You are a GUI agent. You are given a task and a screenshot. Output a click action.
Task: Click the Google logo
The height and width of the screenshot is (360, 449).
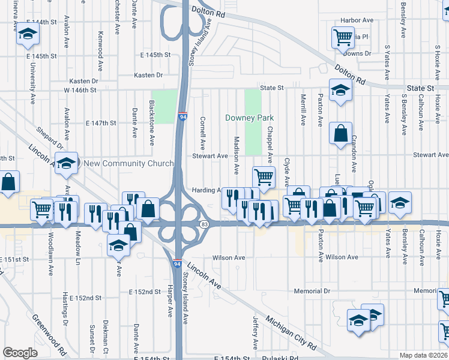20,353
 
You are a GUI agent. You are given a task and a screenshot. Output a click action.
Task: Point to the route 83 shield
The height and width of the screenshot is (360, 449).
205,224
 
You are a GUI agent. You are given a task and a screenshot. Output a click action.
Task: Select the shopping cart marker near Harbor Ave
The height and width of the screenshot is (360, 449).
343,38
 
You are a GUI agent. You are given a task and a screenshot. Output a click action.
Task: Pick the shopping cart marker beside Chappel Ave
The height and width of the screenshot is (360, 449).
264,177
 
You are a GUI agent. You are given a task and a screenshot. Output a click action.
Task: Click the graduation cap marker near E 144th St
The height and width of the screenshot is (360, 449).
26,35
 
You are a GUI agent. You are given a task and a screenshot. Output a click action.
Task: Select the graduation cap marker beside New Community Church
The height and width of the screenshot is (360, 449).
67,163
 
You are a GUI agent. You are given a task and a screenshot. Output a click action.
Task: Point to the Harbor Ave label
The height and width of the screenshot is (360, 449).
357,20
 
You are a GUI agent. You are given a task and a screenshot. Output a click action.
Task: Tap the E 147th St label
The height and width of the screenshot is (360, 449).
100,123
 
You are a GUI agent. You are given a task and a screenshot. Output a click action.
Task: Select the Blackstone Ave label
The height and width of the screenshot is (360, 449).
152,122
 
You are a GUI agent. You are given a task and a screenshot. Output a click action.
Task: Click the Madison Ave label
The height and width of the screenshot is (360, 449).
236,155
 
